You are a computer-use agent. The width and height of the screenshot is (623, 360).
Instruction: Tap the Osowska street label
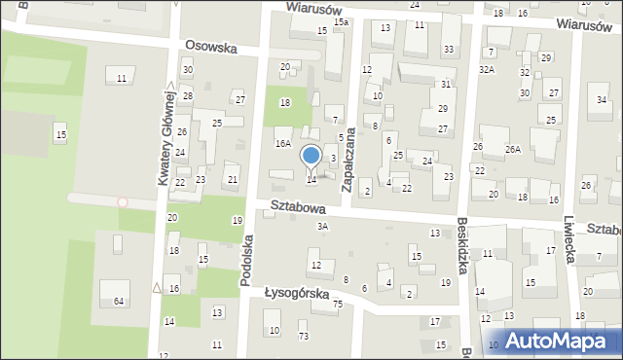pos(212,46)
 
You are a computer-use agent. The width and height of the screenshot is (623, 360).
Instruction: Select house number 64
pos(119,302)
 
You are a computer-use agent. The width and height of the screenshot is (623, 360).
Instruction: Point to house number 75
pos(338,305)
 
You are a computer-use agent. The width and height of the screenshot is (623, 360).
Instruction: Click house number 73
pos(303,336)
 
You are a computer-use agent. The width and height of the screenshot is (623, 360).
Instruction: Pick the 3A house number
pos(323,227)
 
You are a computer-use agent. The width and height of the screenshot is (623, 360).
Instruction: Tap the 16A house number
pos(282,144)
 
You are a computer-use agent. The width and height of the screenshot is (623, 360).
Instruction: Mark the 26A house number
pos(513,149)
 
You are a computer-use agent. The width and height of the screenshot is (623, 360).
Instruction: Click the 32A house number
pos(487,70)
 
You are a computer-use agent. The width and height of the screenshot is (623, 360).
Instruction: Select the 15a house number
pos(341,21)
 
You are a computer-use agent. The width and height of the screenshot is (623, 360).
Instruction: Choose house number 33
pos(448,49)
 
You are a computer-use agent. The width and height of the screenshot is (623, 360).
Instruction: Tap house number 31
pos(445,86)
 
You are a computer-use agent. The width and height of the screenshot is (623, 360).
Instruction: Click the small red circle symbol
pos(122,202)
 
